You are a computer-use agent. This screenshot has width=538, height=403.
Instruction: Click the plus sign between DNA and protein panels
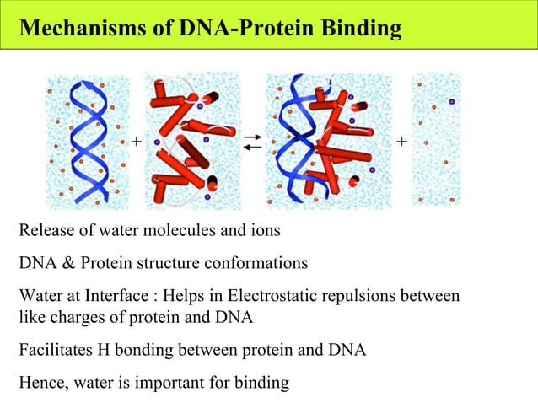pyautogui.click(x=136, y=142)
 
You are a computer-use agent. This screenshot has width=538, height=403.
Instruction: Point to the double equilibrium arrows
pyautogui.click(x=252, y=142)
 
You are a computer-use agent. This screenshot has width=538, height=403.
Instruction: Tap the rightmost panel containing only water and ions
pyautogui.click(x=437, y=142)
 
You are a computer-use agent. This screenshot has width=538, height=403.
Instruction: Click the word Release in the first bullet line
pyautogui.click(x=43, y=231)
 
